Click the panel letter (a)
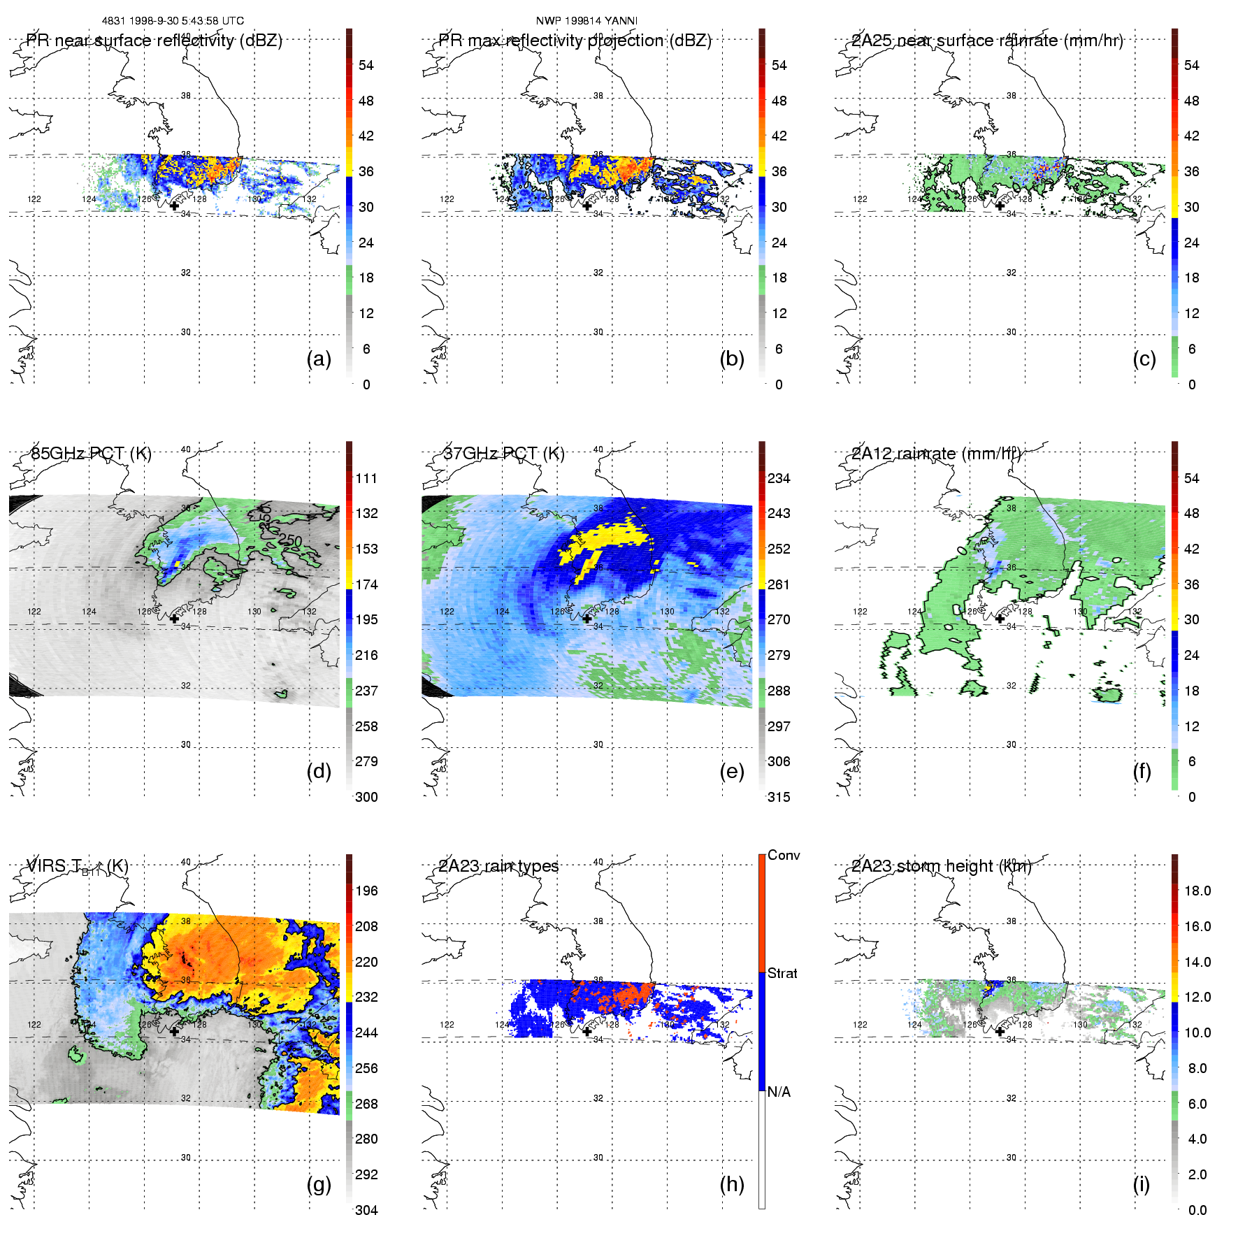[x=319, y=359]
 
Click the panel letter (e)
[x=731, y=772]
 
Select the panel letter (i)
[x=1141, y=1184]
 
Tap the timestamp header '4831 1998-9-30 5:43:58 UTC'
[x=173, y=21]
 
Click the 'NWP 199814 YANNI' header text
[x=586, y=21]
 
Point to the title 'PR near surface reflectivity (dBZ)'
[x=154, y=41]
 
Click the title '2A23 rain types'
[x=498, y=866]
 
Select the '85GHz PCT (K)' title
[x=91, y=453]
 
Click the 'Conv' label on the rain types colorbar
[x=784, y=855]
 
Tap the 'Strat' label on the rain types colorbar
[x=782, y=973]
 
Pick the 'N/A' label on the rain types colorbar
[x=779, y=1092]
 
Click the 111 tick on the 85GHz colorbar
[x=366, y=478]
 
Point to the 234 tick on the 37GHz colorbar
[x=779, y=478]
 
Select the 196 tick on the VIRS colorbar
[x=366, y=891]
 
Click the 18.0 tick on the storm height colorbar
[x=1197, y=891]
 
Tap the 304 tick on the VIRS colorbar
[x=366, y=1210]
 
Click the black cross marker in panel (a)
[x=174, y=206]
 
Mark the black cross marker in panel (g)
[x=174, y=1031]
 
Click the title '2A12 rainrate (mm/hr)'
[x=936, y=453]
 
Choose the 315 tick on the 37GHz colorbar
[x=779, y=797]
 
